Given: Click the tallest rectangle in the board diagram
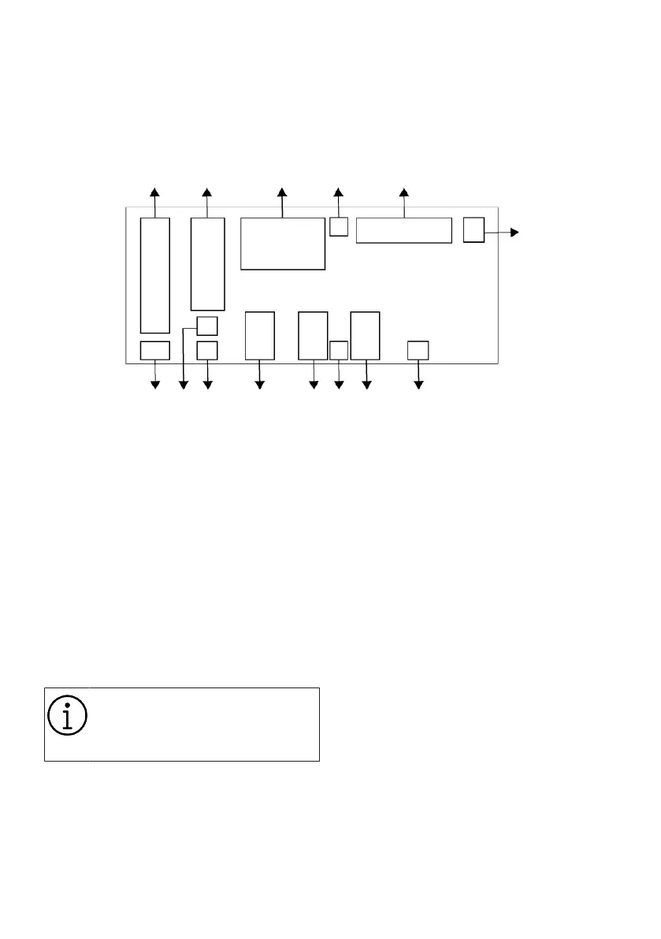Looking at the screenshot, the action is [155, 275].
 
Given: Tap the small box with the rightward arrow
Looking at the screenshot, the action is [473, 229].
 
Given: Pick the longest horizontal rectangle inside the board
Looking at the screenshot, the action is [403, 230].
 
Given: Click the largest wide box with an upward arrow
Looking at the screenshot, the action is [282, 244].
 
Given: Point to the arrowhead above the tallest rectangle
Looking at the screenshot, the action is [155, 192].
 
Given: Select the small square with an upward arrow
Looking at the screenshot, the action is [339, 226].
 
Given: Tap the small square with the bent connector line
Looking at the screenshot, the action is [206, 325].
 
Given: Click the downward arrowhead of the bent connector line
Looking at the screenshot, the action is [184, 385].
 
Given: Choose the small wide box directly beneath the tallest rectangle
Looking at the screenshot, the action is [154, 351].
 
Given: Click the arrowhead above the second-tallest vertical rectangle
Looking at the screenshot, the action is [207, 192].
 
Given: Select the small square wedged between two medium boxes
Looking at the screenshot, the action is [339, 351].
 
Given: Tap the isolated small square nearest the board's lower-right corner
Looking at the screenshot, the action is [418, 350].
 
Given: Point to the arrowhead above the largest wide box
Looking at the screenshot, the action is [282, 192].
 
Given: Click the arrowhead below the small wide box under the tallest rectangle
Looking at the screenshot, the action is [155, 385].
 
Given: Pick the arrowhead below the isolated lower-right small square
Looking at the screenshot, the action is [418, 385].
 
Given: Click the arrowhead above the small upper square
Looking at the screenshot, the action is [339, 192].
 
